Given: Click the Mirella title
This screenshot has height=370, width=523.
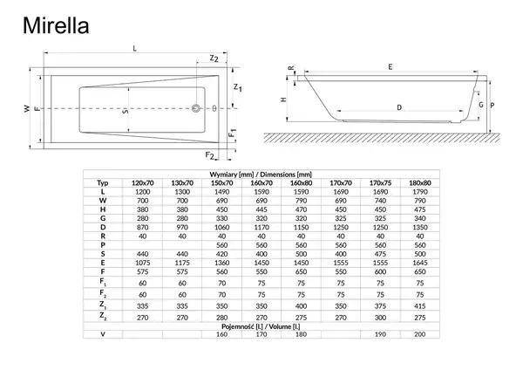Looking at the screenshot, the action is point(56,25).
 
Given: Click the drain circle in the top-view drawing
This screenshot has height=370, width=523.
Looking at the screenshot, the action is point(196,108).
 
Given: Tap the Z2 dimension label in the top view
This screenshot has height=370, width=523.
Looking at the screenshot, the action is point(214,58).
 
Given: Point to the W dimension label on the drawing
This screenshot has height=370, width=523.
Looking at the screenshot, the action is point(27,108).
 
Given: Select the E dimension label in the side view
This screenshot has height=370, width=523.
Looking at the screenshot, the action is point(391,67).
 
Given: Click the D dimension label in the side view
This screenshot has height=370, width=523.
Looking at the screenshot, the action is point(399,107).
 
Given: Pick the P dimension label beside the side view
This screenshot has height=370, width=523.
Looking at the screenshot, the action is point(492,106).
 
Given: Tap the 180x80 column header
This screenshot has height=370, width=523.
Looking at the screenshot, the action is point(420,183).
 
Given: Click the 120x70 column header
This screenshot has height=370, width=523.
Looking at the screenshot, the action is point(142,183).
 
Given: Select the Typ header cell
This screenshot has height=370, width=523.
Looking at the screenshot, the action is point(103,183).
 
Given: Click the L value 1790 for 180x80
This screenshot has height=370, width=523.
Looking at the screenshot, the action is point(420,192).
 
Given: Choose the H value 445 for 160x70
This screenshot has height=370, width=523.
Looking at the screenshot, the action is point(261,209).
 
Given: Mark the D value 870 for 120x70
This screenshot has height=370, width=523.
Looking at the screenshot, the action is point(142,228).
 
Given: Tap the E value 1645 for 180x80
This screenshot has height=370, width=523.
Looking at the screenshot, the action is point(420,263).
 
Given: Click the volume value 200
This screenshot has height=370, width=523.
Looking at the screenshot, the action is point(420,334).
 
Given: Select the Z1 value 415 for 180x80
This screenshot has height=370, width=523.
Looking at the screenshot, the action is point(420,306).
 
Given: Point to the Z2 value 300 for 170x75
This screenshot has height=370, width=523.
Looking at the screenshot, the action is point(380,318).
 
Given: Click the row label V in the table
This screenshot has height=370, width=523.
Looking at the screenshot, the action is point(103,334).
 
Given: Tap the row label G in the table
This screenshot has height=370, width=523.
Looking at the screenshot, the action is point(103,218).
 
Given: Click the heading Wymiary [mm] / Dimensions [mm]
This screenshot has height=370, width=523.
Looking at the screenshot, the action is point(261,175).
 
